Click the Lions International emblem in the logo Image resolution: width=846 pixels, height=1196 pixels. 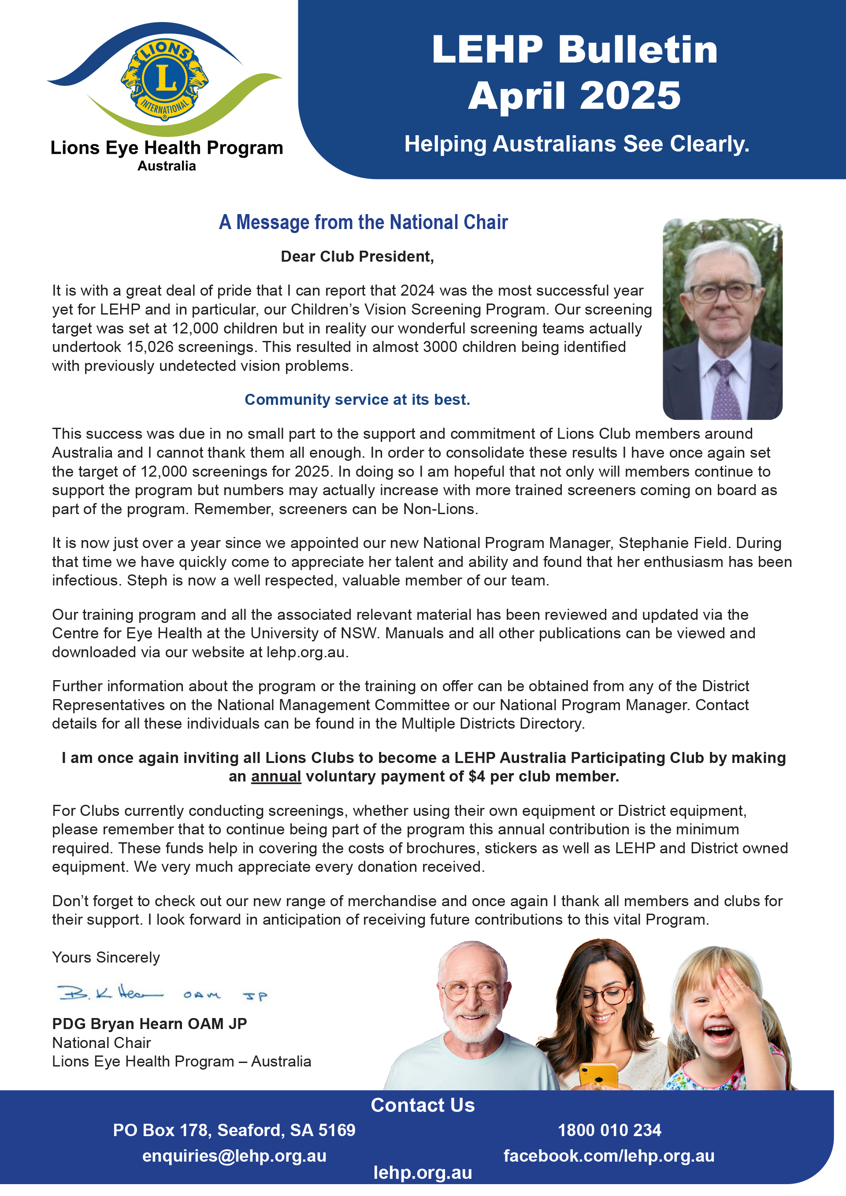click(x=165, y=79)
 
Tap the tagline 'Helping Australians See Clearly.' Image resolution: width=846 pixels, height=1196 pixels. click(x=577, y=144)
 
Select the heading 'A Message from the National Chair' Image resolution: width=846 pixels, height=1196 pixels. click(x=363, y=222)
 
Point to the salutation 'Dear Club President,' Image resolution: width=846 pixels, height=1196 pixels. click(x=357, y=256)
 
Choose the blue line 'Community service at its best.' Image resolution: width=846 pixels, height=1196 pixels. click(x=357, y=400)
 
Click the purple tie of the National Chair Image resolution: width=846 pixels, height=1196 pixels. click(x=725, y=391)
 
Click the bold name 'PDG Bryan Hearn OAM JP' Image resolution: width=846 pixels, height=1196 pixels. click(x=149, y=1024)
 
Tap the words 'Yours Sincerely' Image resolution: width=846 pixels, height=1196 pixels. click(x=106, y=957)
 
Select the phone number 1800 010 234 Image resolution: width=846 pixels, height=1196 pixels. click(x=609, y=1130)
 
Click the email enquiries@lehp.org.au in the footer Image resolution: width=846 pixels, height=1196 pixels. click(x=234, y=1156)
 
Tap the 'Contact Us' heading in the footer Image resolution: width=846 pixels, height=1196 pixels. click(x=423, y=1105)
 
